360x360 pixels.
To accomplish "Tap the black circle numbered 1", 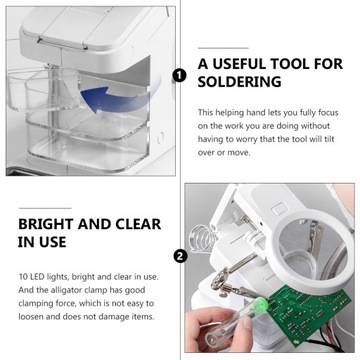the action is tap(180, 76).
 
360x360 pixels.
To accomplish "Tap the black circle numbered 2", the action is tap(180, 256).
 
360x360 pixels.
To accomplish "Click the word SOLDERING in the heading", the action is tap(239, 82).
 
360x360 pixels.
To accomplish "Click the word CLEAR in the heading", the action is tap(137, 224).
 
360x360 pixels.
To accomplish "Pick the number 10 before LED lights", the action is tap(23, 276).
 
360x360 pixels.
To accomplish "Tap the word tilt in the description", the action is tap(328, 139).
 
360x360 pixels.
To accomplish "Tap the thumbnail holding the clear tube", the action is tap(248, 323).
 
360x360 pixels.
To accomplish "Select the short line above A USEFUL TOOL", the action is tap(223, 48).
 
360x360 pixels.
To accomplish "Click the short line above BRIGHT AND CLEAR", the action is tap(45, 208).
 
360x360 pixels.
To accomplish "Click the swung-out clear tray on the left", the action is tap(43, 92).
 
